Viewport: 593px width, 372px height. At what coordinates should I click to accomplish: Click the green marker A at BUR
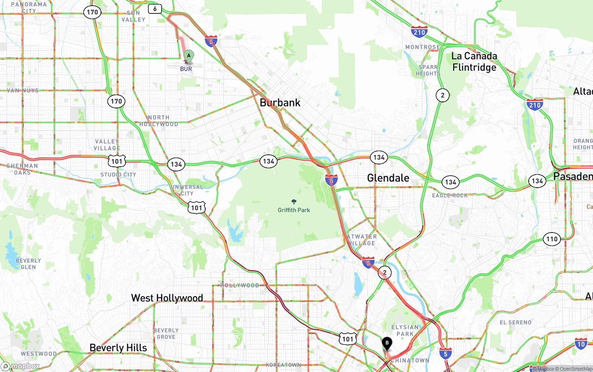(188, 56)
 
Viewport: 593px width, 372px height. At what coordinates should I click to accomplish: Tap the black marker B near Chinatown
(387, 344)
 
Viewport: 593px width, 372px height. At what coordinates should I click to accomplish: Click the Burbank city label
(280, 103)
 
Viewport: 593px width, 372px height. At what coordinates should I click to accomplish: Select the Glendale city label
(388, 178)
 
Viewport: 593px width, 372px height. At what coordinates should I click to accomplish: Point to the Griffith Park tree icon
(294, 202)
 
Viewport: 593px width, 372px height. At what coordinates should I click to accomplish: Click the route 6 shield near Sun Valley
(155, 9)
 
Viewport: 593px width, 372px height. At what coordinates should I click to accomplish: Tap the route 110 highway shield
(551, 240)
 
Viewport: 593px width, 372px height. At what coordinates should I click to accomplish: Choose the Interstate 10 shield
(581, 343)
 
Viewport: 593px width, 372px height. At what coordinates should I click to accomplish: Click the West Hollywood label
(167, 298)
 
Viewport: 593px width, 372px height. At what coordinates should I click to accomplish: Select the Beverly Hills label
(118, 348)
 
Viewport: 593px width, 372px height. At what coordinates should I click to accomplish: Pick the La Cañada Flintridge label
(474, 62)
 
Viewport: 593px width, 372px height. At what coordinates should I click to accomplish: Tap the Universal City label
(187, 190)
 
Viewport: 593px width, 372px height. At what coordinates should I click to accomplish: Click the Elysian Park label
(405, 330)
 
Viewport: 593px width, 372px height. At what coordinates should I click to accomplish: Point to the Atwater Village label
(362, 240)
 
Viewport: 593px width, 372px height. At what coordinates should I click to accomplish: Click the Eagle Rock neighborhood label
(450, 195)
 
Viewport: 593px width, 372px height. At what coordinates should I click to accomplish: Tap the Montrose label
(423, 47)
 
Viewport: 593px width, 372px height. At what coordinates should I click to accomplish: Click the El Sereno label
(516, 322)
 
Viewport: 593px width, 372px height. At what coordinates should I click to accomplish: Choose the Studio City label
(118, 175)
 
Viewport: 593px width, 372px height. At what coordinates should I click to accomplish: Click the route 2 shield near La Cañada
(442, 95)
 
